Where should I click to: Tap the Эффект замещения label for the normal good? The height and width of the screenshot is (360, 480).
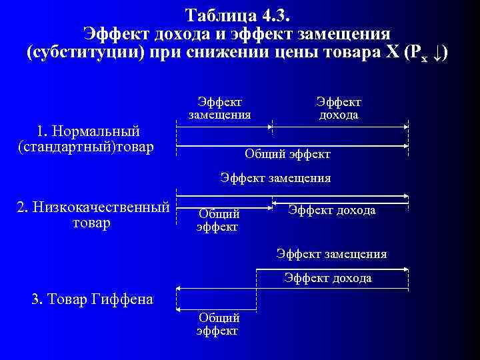(x=219, y=108)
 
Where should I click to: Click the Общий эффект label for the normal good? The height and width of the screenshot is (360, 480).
(x=287, y=155)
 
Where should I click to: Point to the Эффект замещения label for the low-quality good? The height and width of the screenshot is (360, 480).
(x=275, y=178)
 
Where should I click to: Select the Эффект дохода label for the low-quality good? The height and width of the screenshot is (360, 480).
(x=331, y=211)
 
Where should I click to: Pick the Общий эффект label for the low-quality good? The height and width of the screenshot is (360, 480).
(x=218, y=220)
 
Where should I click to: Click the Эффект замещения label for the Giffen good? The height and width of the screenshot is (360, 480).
(x=331, y=254)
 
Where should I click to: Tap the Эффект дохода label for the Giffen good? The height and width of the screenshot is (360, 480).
(x=327, y=278)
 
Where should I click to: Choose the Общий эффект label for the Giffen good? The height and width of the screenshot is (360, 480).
(x=218, y=324)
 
